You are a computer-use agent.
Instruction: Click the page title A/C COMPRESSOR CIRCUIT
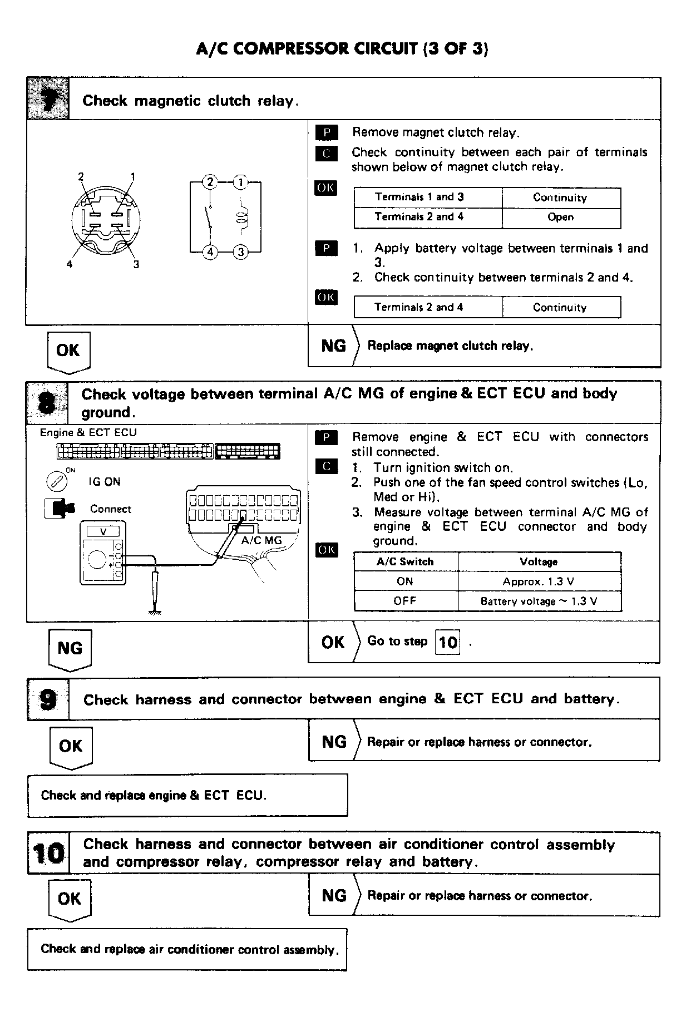[342, 49]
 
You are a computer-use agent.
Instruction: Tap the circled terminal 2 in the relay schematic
[210, 182]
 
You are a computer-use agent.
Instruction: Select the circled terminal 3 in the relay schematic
[240, 252]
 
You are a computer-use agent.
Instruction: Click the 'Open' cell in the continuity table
[560, 217]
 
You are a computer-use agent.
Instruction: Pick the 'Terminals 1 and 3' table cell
[419, 197]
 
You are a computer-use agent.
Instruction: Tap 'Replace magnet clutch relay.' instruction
[450, 346]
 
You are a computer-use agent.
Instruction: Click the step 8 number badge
[48, 403]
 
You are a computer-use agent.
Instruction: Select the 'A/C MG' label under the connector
[261, 540]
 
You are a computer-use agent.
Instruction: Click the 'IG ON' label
[104, 482]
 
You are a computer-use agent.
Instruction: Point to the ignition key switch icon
[56, 482]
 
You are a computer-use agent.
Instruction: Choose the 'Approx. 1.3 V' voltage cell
[538, 581]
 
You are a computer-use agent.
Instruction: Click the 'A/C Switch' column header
[404, 561]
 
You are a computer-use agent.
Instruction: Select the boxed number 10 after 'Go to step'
[448, 643]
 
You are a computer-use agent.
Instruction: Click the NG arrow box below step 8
[70, 649]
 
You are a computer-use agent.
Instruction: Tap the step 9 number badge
[48, 699]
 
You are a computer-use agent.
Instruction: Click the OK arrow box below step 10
[69, 899]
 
